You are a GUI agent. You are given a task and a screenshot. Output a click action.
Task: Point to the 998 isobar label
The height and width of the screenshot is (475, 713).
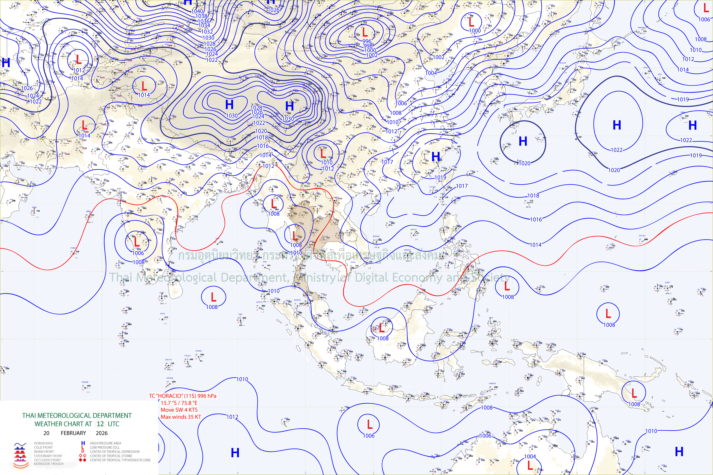pos(368,46)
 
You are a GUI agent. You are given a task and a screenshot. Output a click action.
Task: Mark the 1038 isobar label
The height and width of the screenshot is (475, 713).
pos(201,16)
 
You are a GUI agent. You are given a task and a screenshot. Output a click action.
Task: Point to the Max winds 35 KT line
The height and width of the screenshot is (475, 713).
pos(181,417)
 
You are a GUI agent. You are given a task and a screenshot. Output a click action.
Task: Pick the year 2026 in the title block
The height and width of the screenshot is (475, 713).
pos(102,433)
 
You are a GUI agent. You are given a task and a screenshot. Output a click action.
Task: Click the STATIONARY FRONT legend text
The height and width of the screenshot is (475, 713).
pos(48,456)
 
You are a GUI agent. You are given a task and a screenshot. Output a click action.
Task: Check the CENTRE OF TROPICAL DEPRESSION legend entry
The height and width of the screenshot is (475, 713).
pos(115,451)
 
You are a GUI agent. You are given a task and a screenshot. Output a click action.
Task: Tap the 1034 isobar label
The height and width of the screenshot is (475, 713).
pos(204,26)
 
